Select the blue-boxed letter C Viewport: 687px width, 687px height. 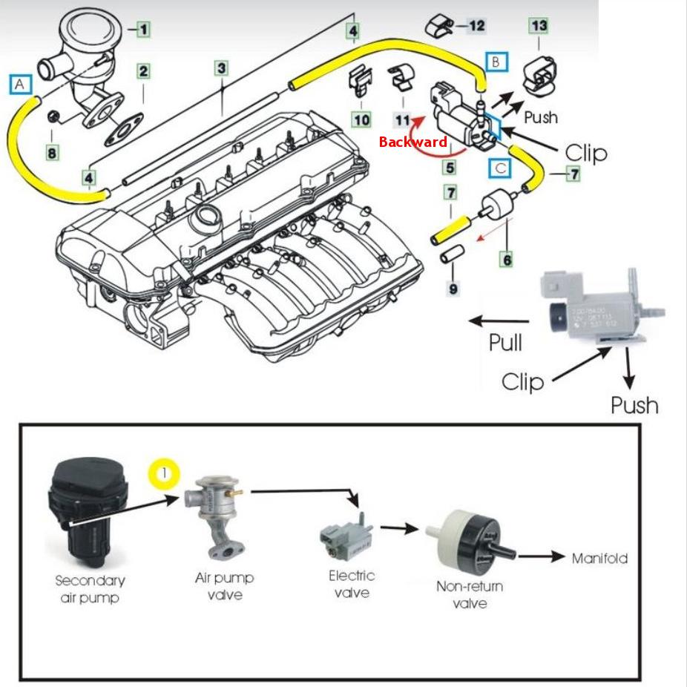tap(502, 168)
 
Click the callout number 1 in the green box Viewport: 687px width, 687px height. tap(142, 30)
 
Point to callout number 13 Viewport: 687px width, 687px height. tap(539, 26)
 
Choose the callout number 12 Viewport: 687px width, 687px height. tap(476, 26)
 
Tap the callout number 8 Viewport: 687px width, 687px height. tap(51, 153)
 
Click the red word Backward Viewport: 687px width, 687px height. tap(412, 142)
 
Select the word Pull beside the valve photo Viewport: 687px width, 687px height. tap(505, 342)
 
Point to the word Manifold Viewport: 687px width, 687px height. tap(599, 558)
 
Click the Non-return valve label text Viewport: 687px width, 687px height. tap(470, 594)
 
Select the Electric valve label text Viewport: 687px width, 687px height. tap(352, 583)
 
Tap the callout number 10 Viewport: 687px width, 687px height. tap(361, 119)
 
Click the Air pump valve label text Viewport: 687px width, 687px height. tap(224, 585)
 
